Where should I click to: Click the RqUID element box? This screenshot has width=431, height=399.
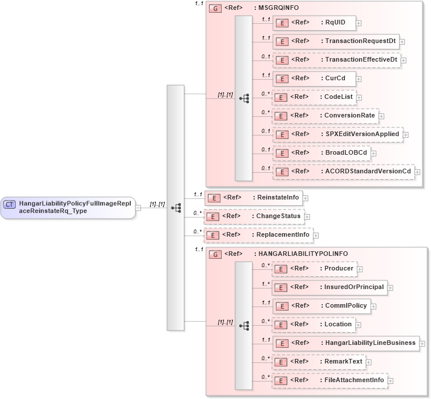(x=314, y=23)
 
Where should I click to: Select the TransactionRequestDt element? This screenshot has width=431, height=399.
(x=336, y=41)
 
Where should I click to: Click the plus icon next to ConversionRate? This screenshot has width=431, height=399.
(x=382, y=116)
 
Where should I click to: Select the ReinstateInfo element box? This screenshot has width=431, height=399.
(x=253, y=198)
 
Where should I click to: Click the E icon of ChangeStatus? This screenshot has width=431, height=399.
(x=213, y=217)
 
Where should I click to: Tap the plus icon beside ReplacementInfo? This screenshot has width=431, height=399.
(x=316, y=236)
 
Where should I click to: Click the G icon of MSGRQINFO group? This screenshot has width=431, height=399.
(x=215, y=9)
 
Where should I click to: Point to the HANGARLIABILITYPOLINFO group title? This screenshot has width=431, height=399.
(x=301, y=254)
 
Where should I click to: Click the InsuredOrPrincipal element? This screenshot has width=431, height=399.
(x=329, y=287)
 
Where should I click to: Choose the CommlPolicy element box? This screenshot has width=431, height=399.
(x=321, y=306)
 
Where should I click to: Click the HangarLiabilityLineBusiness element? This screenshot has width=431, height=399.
(x=345, y=343)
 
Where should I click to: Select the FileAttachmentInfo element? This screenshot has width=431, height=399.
(x=330, y=380)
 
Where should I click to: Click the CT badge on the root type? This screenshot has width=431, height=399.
(x=10, y=204)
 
